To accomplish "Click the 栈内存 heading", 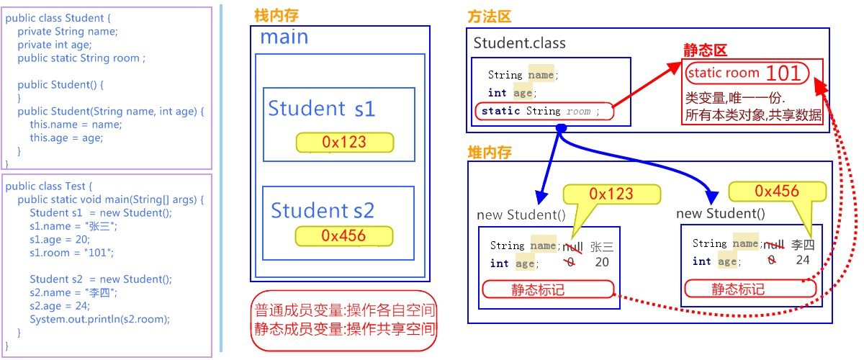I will point(277,14).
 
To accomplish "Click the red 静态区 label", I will point(705,50).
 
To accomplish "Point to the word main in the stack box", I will point(284,37).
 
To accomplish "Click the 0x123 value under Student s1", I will point(344,143).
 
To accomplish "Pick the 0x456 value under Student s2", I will point(343,235).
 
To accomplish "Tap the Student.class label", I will point(519,42).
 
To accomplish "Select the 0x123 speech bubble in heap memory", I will point(611,194).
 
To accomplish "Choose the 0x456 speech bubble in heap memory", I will point(777,191).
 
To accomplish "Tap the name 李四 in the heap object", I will point(803,245).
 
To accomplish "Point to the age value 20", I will point(602,263).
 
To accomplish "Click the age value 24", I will point(803,261).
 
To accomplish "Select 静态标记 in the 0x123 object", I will point(536,289).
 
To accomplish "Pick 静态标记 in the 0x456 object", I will point(738,289).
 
